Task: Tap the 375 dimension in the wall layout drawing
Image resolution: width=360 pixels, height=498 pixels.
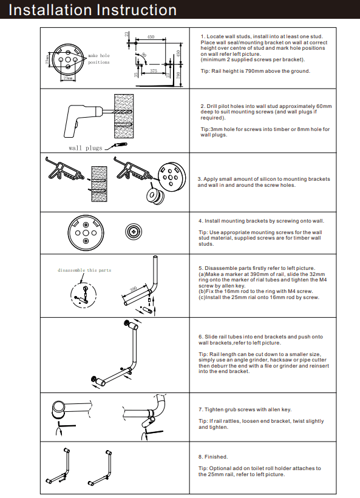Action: point(155,71)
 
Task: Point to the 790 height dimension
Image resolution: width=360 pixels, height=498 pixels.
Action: point(177,75)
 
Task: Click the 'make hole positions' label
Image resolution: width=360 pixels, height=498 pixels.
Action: point(98,59)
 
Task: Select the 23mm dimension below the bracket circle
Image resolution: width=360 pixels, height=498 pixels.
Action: point(68,78)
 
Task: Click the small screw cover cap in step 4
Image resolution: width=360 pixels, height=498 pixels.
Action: point(134,232)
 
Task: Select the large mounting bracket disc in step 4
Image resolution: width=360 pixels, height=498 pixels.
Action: point(85,232)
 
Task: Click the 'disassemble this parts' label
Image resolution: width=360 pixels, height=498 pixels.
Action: point(84,270)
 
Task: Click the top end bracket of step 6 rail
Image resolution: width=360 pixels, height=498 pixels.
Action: point(127,323)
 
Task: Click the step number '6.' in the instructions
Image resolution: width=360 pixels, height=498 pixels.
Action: point(201,337)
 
